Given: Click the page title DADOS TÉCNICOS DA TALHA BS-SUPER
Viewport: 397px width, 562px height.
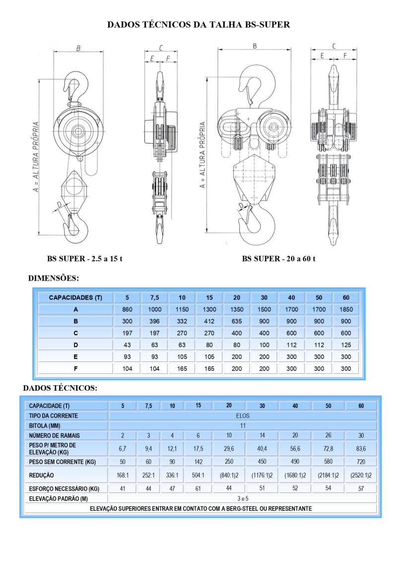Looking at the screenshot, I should [x=198, y=24].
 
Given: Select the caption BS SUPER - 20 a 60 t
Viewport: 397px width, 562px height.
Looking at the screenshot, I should [x=279, y=259].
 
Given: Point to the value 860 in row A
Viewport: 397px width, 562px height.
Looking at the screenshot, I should [x=128, y=309].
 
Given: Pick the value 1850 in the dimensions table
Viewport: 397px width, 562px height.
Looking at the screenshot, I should [x=346, y=309].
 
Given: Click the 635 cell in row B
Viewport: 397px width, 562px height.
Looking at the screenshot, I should [x=237, y=321].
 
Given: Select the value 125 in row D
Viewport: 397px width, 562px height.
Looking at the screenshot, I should [x=346, y=345].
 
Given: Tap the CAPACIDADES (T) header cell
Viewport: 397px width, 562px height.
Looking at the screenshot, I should [x=76, y=298].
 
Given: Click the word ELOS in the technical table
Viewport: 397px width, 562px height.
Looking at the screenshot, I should [x=243, y=415].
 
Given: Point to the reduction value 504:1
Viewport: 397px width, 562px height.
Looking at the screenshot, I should [x=198, y=475].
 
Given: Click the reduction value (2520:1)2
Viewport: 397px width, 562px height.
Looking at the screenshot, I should [x=361, y=475].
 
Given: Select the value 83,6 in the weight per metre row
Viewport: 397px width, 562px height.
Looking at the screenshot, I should [x=361, y=449].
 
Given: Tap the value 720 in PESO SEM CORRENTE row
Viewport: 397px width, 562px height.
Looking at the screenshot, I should [x=361, y=462].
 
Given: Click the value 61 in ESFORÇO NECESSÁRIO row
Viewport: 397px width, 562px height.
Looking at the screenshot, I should [x=198, y=489].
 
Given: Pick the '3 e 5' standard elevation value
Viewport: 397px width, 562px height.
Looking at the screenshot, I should [x=243, y=498].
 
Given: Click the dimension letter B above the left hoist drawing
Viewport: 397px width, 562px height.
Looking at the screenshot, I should [x=78, y=48].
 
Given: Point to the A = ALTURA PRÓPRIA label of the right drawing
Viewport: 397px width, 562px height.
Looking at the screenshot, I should [x=202, y=154].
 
